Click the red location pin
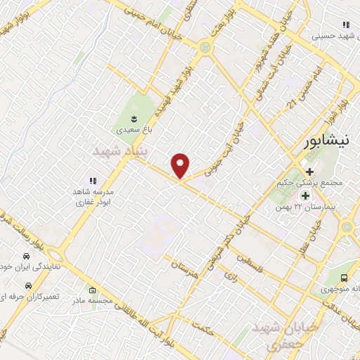[181, 165]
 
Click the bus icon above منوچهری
[344, 278]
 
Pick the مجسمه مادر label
[92, 301]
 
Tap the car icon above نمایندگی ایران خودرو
[25, 254]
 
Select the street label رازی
[231, 279]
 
